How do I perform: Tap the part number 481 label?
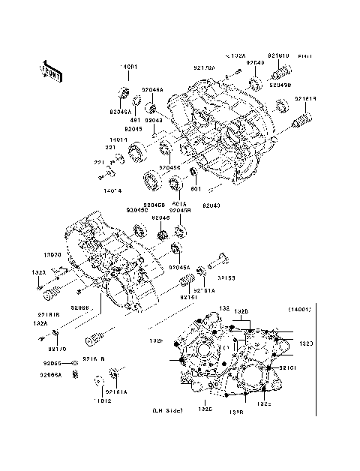tap(136, 120)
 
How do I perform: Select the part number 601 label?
tap(196, 190)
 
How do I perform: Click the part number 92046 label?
tap(162, 218)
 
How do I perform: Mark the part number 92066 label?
tap(81, 307)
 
